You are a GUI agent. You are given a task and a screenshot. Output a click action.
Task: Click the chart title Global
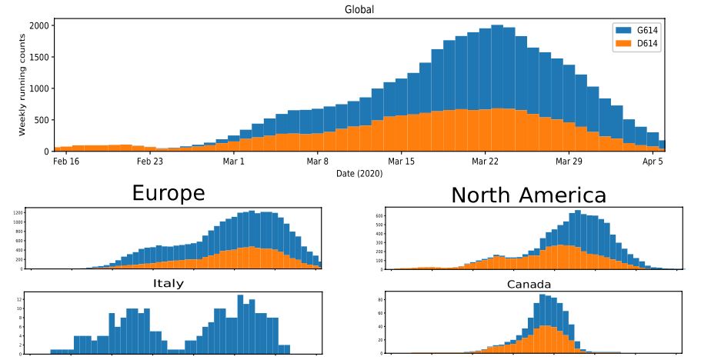(x=359, y=9)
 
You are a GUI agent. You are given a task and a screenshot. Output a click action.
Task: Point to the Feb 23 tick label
(x=149, y=162)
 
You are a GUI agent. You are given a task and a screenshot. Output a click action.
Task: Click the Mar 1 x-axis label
(x=233, y=162)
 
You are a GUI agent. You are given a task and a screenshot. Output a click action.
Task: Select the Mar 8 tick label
(x=317, y=162)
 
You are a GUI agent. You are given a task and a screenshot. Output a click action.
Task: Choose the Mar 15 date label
(x=401, y=162)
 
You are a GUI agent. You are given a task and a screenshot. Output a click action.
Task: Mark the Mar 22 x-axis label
(x=485, y=162)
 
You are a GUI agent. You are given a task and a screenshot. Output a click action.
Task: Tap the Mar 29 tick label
(x=569, y=162)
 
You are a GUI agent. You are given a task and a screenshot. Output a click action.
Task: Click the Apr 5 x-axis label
(x=653, y=162)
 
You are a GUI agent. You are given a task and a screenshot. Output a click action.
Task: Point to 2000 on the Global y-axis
(x=38, y=25)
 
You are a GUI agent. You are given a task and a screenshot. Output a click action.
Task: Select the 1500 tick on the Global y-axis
(x=38, y=57)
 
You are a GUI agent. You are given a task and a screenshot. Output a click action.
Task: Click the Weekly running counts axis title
(x=22, y=88)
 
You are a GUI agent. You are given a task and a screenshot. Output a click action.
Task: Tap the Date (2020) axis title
(x=359, y=174)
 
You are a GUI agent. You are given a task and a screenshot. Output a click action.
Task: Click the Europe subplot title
(x=169, y=193)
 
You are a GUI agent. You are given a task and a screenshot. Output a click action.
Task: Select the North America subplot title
(x=528, y=195)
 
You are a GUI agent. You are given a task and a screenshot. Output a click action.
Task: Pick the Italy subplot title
(x=169, y=283)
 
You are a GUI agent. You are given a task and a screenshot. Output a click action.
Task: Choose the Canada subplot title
(x=528, y=285)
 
